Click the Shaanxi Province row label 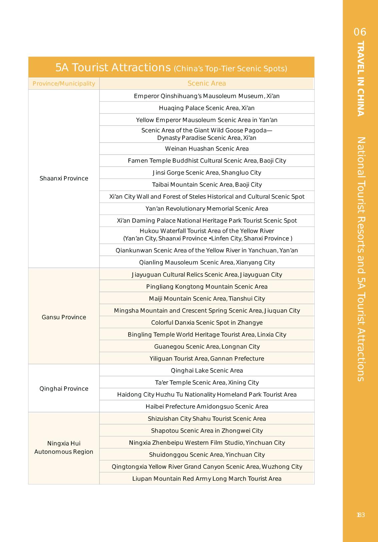pyautogui.click(x=64, y=178)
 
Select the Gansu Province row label pyautogui.click(x=64, y=317)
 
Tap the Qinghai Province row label pyautogui.click(x=64, y=388)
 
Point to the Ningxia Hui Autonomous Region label pyautogui.click(x=64, y=447)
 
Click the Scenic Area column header pyautogui.click(x=207, y=83)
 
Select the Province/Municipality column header pyautogui.click(x=64, y=84)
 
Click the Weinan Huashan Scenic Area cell pyautogui.click(x=207, y=149)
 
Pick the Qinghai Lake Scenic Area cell pyautogui.click(x=207, y=370)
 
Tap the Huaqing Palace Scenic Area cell pyautogui.click(x=207, y=108)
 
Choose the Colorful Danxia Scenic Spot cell pyautogui.click(x=207, y=322)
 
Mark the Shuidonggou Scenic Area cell pyautogui.click(x=207, y=454)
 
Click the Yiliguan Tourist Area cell pyautogui.click(x=207, y=358)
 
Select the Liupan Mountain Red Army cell pyautogui.click(x=207, y=478)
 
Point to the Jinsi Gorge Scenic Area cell pyautogui.click(x=207, y=173)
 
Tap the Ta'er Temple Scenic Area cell pyautogui.click(x=207, y=382)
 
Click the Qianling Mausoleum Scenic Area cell pyautogui.click(x=207, y=262)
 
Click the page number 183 pyautogui.click(x=361, y=515)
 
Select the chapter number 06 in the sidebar pyautogui.click(x=360, y=32)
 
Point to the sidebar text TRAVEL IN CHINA pyautogui.click(x=360, y=79)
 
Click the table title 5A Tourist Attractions pyautogui.click(x=113, y=68)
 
